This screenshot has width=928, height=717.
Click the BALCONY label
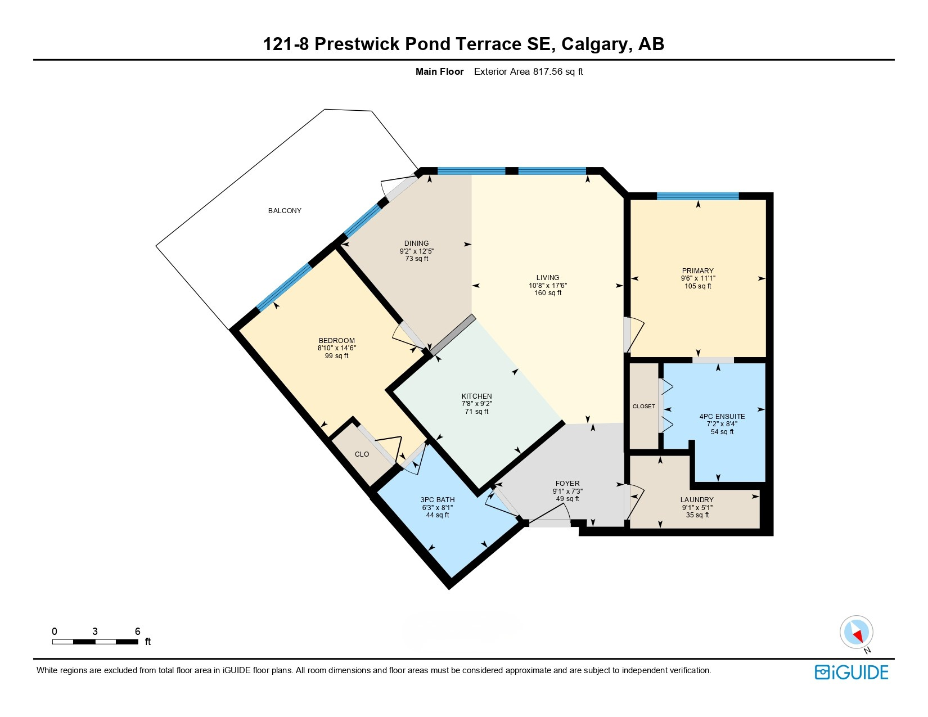[285, 211]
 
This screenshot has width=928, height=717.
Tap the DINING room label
[416, 243]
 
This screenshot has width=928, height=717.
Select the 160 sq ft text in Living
[547, 293]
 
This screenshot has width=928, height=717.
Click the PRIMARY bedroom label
[697, 270]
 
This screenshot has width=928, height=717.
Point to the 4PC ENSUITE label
[722, 417]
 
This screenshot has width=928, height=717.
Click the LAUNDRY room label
[696, 500]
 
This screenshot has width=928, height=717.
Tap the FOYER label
[567, 484]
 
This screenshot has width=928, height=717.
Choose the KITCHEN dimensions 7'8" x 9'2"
[476, 404]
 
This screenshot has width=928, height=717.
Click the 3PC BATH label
[437, 500]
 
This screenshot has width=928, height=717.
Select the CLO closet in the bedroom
[362, 454]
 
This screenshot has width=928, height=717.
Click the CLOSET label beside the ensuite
[643, 407]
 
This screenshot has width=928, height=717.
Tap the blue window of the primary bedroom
[697, 196]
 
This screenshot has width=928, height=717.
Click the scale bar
[95, 642]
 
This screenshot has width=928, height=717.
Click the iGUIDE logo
[851, 672]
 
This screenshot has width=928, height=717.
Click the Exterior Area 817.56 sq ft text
[528, 72]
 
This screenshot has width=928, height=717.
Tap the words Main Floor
[439, 72]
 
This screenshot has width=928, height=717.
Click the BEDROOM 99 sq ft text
[336, 356]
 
